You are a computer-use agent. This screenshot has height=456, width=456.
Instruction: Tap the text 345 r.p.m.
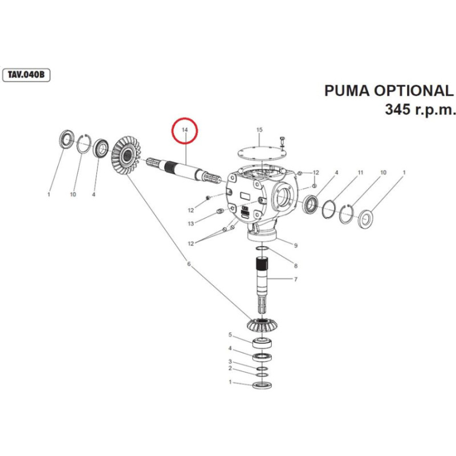[421, 109]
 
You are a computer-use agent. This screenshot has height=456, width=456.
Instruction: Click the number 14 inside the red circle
[185, 131]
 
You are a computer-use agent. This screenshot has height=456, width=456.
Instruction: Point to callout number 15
[259, 131]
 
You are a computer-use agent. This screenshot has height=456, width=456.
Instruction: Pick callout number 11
[360, 172]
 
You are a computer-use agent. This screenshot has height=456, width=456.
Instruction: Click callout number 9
[296, 245]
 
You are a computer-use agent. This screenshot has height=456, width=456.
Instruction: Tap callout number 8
[296, 265]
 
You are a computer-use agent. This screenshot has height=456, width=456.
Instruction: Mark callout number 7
[296, 279]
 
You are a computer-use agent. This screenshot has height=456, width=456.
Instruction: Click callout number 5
[230, 335]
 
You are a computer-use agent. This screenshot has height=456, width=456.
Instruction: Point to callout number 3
[230, 361]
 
